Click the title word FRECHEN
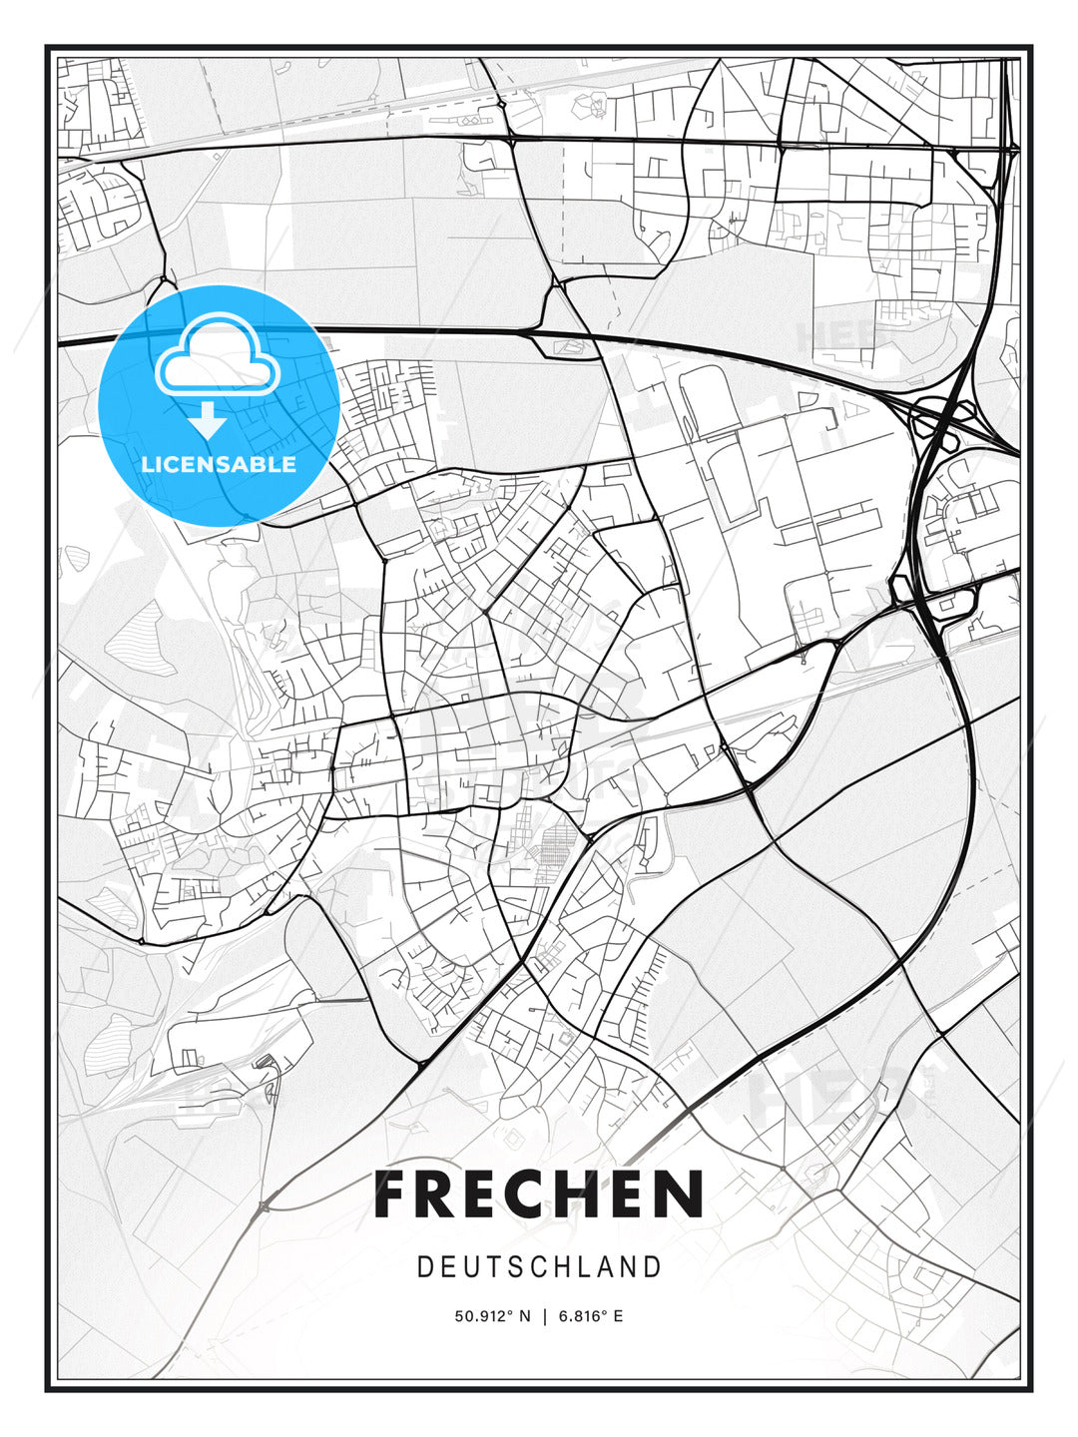[539, 1195]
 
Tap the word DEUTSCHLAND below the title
[539, 1267]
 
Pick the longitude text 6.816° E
[591, 1316]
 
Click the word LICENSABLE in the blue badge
[219, 464]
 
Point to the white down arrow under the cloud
[209, 420]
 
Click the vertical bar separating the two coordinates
[544, 1316]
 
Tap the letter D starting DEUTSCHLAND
[424, 1267]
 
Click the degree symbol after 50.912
[511, 1312]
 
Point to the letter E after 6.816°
[619, 1316]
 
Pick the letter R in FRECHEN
[436, 1195]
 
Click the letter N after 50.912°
[526, 1316]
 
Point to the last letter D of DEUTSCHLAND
[654, 1267]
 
